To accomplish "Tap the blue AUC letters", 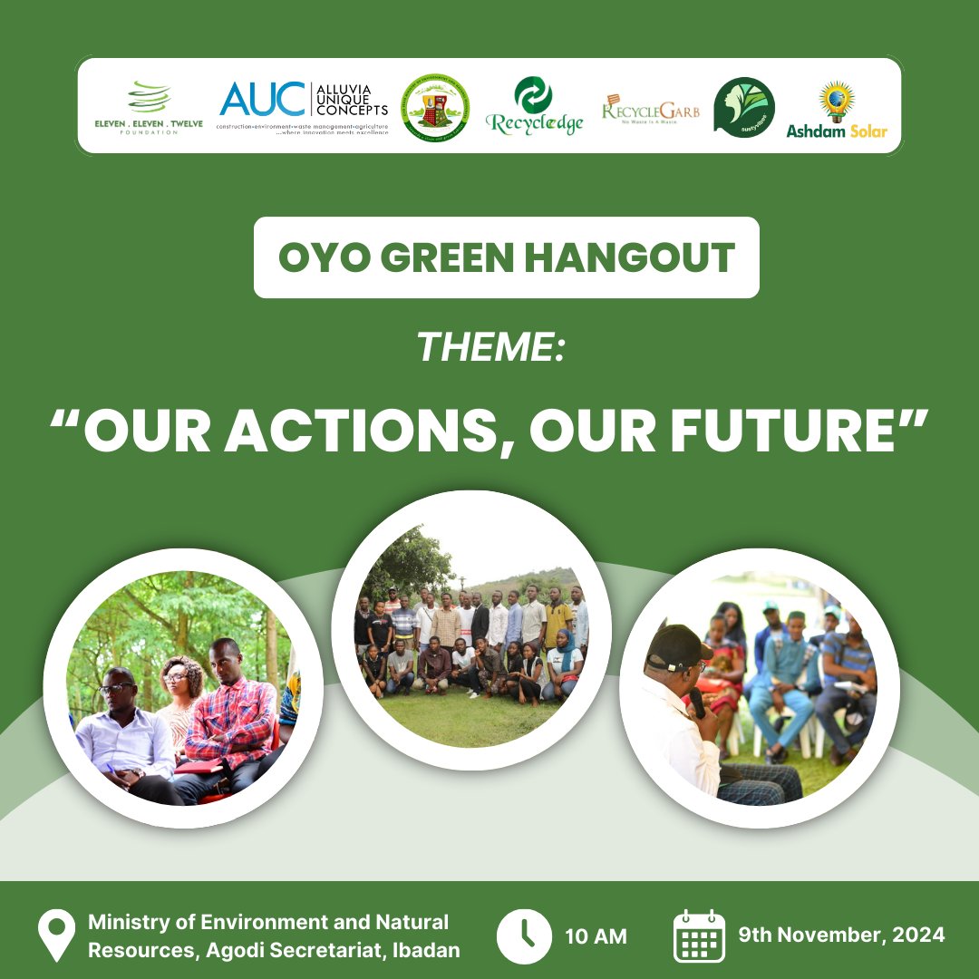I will tap(263, 100).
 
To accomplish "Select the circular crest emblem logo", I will tap(437, 106).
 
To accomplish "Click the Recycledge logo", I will tap(534, 106).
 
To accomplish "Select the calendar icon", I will tap(699, 936).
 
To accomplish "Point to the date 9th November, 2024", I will tap(840, 935).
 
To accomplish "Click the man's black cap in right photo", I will tap(677, 645).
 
